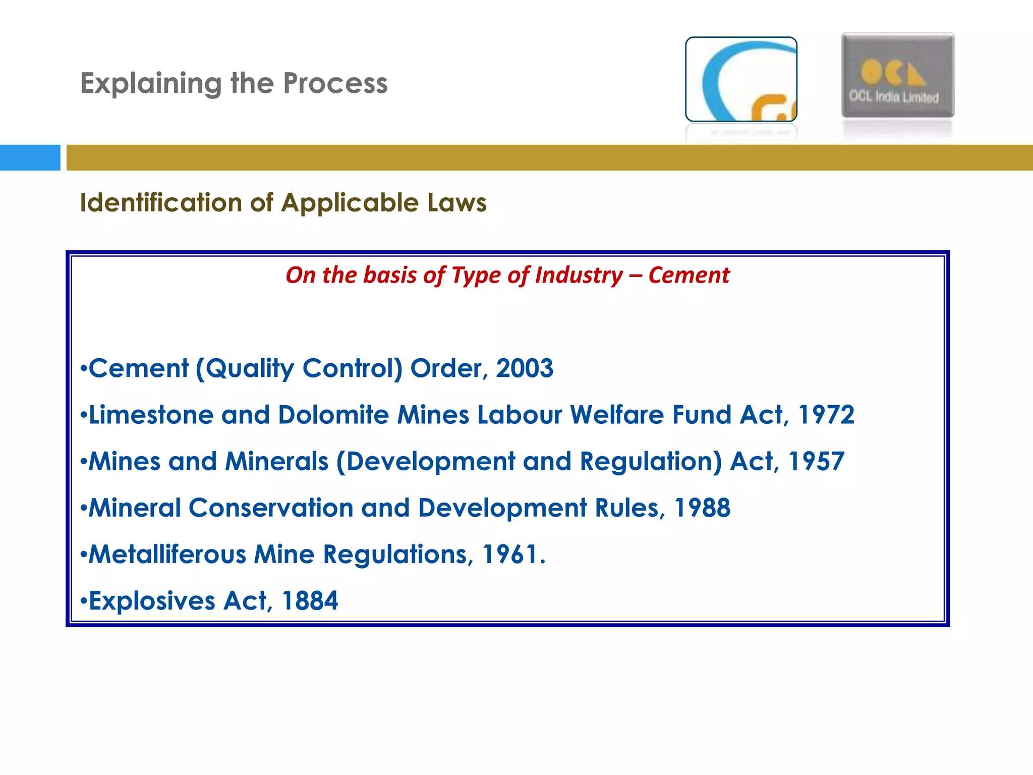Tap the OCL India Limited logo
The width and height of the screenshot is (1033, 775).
pos(897,76)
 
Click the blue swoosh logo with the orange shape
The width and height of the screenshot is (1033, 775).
pos(741,79)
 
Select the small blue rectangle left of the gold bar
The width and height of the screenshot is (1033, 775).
pos(30,157)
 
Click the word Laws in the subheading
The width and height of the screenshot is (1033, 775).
pos(457,203)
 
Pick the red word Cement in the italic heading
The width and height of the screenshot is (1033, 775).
pos(688,275)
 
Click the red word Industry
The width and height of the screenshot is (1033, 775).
pos(579,275)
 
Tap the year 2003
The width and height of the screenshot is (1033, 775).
pos(525,368)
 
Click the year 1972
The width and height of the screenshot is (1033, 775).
pos(826,415)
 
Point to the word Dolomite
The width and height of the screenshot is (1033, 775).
pos(333,415)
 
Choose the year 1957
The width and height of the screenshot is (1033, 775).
pos(816,461)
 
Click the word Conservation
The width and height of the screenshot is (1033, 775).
pos(271,508)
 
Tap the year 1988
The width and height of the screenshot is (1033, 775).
pos(702,508)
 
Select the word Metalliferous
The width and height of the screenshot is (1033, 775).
pos(167,554)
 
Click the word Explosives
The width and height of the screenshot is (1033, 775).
pos(152,601)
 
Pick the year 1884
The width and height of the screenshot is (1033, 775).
pos(310,601)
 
